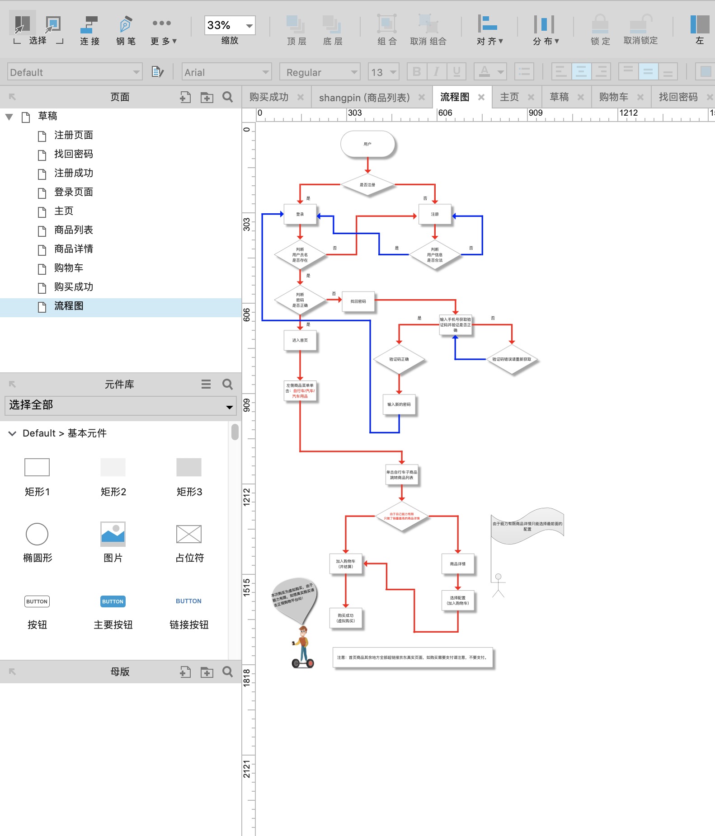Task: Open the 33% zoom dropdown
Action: click(x=249, y=26)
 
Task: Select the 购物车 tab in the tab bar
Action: click(x=613, y=97)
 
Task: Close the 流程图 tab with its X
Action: click(x=481, y=97)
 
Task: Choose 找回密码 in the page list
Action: click(x=73, y=154)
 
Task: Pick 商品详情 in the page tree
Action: click(x=73, y=249)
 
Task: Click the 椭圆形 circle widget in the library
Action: click(x=37, y=534)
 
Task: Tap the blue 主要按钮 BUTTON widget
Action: click(x=113, y=601)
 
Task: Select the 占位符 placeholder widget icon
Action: click(x=188, y=534)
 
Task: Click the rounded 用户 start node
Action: click(x=367, y=144)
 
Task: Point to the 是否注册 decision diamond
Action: click(x=367, y=185)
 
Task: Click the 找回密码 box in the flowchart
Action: click(x=358, y=301)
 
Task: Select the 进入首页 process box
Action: click(x=300, y=340)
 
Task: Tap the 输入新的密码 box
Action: click(x=399, y=404)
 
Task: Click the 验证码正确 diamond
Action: click(x=399, y=359)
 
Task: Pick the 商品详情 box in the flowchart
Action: click(x=457, y=564)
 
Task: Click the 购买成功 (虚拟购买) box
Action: click(x=346, y=618)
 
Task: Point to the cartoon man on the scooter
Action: click(x=303, y=647)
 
